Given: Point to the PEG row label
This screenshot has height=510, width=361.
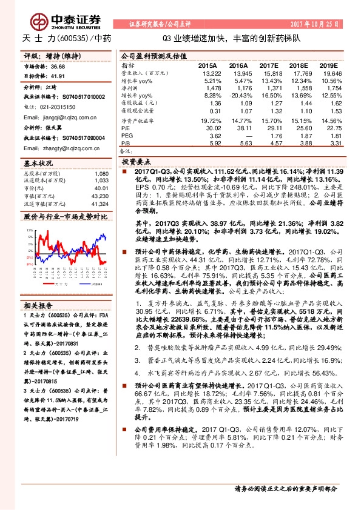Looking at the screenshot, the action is click(x=126, y=136).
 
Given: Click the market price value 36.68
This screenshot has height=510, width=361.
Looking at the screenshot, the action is click(x=58, y=67).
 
